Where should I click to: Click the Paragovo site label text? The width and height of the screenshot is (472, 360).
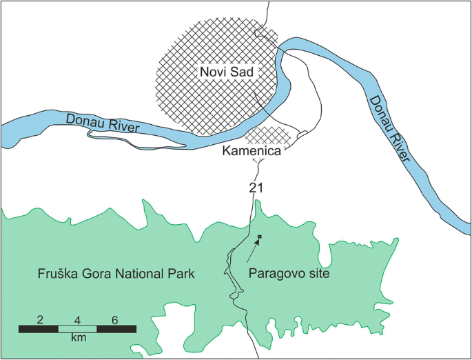coord(285,274)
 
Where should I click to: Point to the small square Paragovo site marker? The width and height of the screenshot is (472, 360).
coord(259,238)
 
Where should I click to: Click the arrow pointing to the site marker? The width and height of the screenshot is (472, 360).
coord(252,252)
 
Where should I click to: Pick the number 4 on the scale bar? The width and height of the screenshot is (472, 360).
coord(77,320)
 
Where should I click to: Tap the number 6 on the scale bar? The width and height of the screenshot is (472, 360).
coord(114,320)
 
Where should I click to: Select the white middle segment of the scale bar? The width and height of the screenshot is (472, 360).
coord(77,329)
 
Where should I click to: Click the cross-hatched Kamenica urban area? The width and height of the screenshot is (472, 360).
coord(265,134)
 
